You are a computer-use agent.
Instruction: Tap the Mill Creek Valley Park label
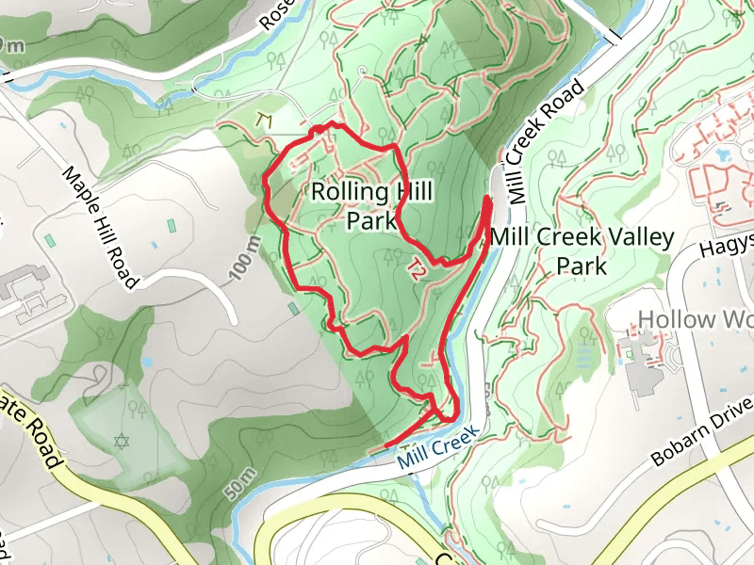(x=582, y=250)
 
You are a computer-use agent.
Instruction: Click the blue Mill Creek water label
(x=438, y=447)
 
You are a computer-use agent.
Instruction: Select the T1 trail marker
(x=264, y=120)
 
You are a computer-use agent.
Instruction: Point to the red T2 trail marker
(x=414, y=268)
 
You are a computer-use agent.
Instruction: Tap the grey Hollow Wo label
(x=695, y=319)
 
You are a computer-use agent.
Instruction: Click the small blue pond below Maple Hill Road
(x=147, y=361)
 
